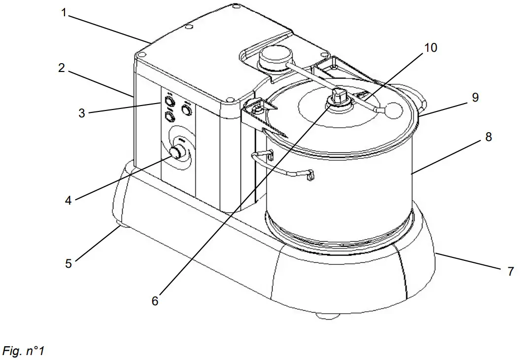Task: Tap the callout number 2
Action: (x=61, y=68)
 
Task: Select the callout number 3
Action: (x=81, y=113)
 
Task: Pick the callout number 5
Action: (x=69, y=263)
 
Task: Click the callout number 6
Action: (x=155, y=300)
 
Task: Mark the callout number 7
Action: (x=510, y=271)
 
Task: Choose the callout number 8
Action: (x=488, y=137)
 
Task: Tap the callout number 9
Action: (x=475, y=97)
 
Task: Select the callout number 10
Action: (x=430, y=47)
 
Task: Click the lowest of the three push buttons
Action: (x=169, y=117)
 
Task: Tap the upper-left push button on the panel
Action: (x=169, y=102)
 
